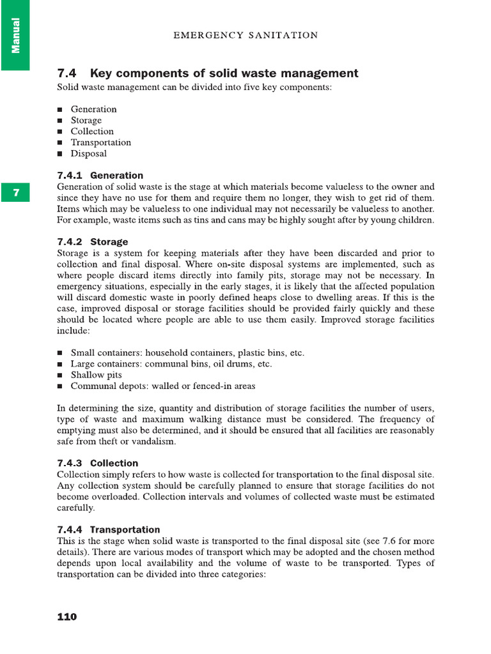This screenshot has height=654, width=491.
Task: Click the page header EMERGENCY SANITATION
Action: point(245,35)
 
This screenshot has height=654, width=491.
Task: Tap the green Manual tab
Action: point(15,35)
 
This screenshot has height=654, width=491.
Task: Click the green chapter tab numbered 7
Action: point(15,192)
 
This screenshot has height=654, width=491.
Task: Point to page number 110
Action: point(67,616)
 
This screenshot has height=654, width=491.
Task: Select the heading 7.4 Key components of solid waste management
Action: point(208,73)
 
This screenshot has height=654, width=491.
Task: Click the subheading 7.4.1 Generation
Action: point(100,175)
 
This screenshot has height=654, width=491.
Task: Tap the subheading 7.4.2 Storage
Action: point(93,242)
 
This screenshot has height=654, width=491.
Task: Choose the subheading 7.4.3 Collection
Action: point(98,463)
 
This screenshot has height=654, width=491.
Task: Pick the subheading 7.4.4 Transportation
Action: point(109,529)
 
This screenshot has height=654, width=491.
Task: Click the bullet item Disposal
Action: point(89,154)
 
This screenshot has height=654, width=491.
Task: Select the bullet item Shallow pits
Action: point(96,375)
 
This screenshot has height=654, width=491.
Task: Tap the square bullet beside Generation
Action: point(59,110)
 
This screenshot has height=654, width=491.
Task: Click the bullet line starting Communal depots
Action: point(162,386)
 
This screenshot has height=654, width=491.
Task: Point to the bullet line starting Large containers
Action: point(171,364)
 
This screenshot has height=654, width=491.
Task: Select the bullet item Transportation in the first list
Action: point(101,142)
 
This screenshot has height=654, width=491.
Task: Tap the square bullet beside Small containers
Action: point(59,353)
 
